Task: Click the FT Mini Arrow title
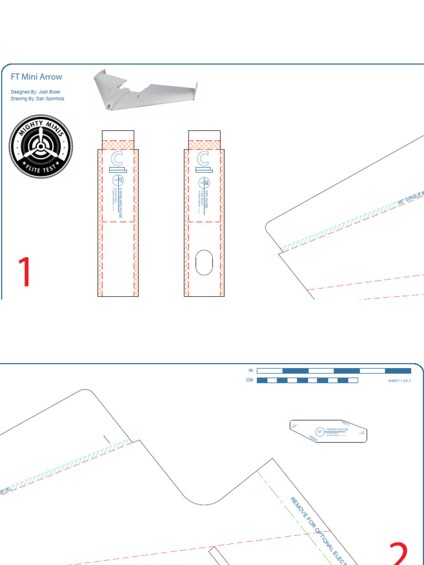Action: [36, 77]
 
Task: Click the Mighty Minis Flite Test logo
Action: [40, 147]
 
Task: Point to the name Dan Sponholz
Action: [49, 98]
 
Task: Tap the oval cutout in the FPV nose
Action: [204, 263]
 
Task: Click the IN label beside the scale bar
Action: [251, 370]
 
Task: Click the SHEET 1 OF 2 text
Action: [399, 381]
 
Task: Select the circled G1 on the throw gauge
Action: [320, 431]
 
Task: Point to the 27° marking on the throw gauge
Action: [295, 426]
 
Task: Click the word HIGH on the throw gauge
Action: [313, 439]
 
